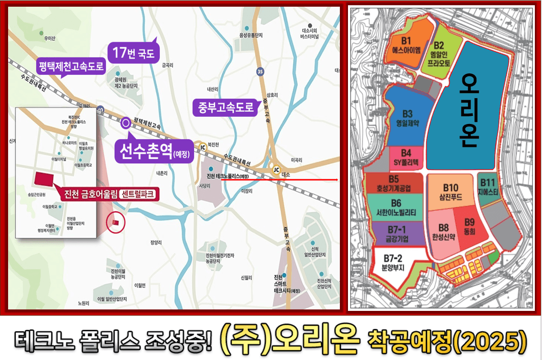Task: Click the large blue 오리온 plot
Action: pyautogui.click(x=468, y=110)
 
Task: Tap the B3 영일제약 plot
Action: pyautogui.click(x=407, y=117)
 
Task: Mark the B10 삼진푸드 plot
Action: pyautogui.click(x=450, y=193)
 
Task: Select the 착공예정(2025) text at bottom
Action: pyautogui.click(x=447, y=339)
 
